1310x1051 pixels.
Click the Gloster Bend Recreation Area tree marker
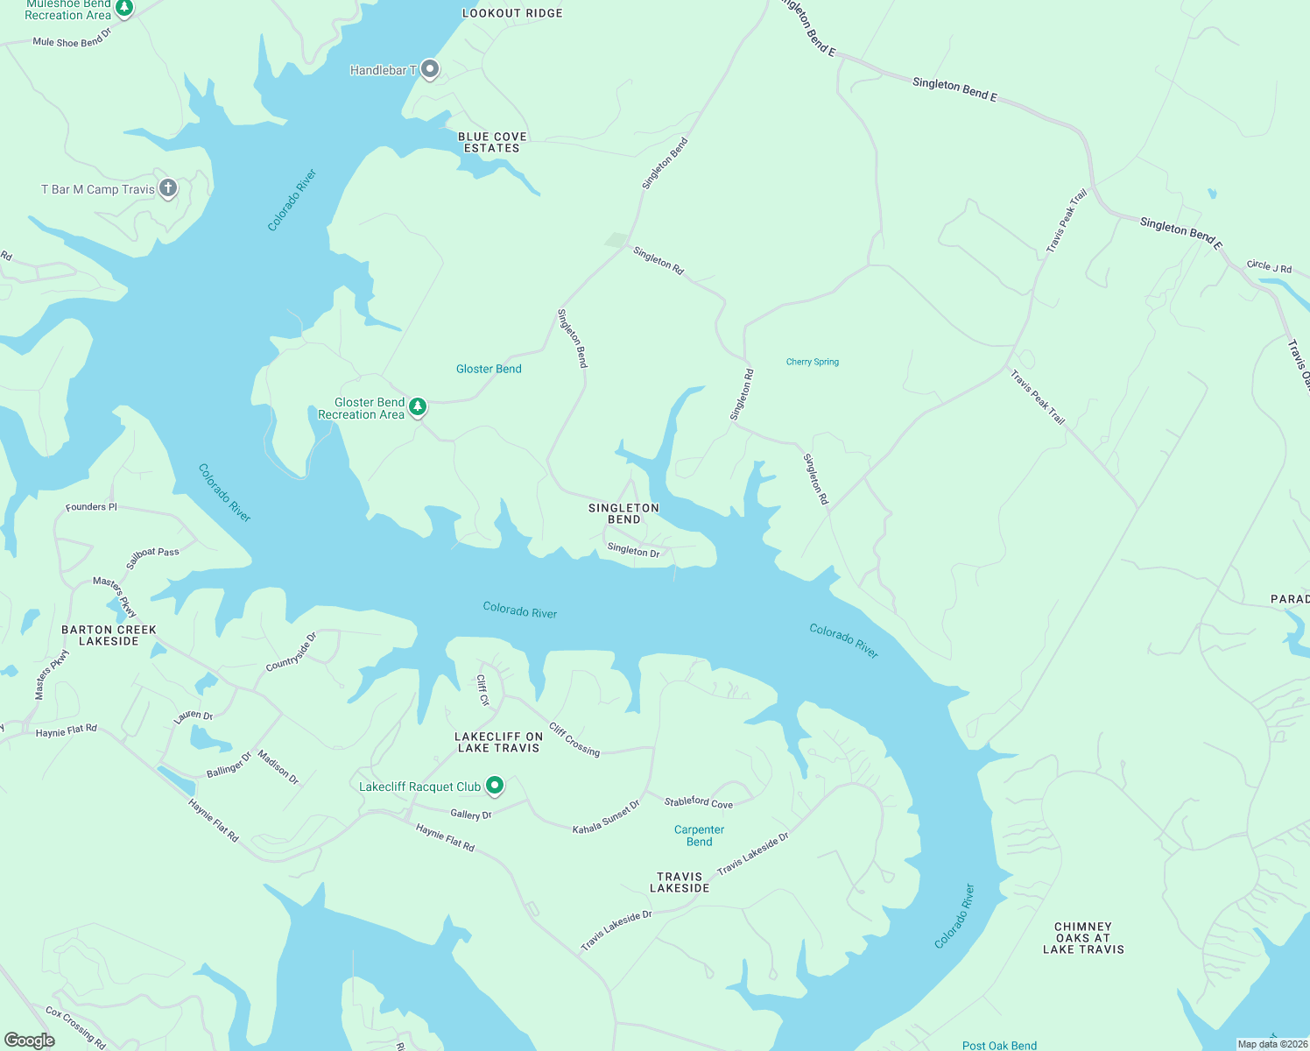coord(419,406)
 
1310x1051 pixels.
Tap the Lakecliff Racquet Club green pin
coord(495,785)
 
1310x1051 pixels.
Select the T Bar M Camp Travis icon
coord(168,187)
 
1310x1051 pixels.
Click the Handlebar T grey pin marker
coord(429,68)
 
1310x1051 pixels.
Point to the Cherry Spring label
coord(812,362)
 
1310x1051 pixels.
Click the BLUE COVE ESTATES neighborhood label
coord(492,143)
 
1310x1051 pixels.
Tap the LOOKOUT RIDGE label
coord(512,13)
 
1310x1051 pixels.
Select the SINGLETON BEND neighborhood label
coord(623,513)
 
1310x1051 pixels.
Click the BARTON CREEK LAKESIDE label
coord(109,635)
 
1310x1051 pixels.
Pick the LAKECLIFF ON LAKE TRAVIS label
coord(498,742)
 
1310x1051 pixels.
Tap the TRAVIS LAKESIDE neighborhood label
coord(680,882)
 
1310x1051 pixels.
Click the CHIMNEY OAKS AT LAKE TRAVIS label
coord(1083,937)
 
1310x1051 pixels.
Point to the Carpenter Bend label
coord(699,836)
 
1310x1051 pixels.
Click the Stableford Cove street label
coord(698,801)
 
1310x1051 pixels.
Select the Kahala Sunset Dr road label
coord(606,817)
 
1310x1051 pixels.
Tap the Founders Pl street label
coord(91,507)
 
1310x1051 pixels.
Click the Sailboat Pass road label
coord(152,557)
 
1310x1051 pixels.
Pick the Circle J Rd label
coord(1269,266)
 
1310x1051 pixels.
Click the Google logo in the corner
coord(30,1040)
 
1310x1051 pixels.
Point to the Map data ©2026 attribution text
coord(1272,1044)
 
